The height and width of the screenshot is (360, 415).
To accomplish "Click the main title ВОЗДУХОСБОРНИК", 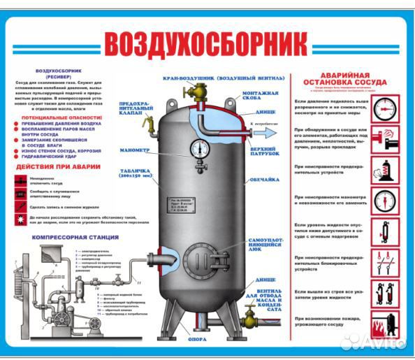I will (x=206, y=43).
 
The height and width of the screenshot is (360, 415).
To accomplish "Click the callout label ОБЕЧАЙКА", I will (x=263, y=180).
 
